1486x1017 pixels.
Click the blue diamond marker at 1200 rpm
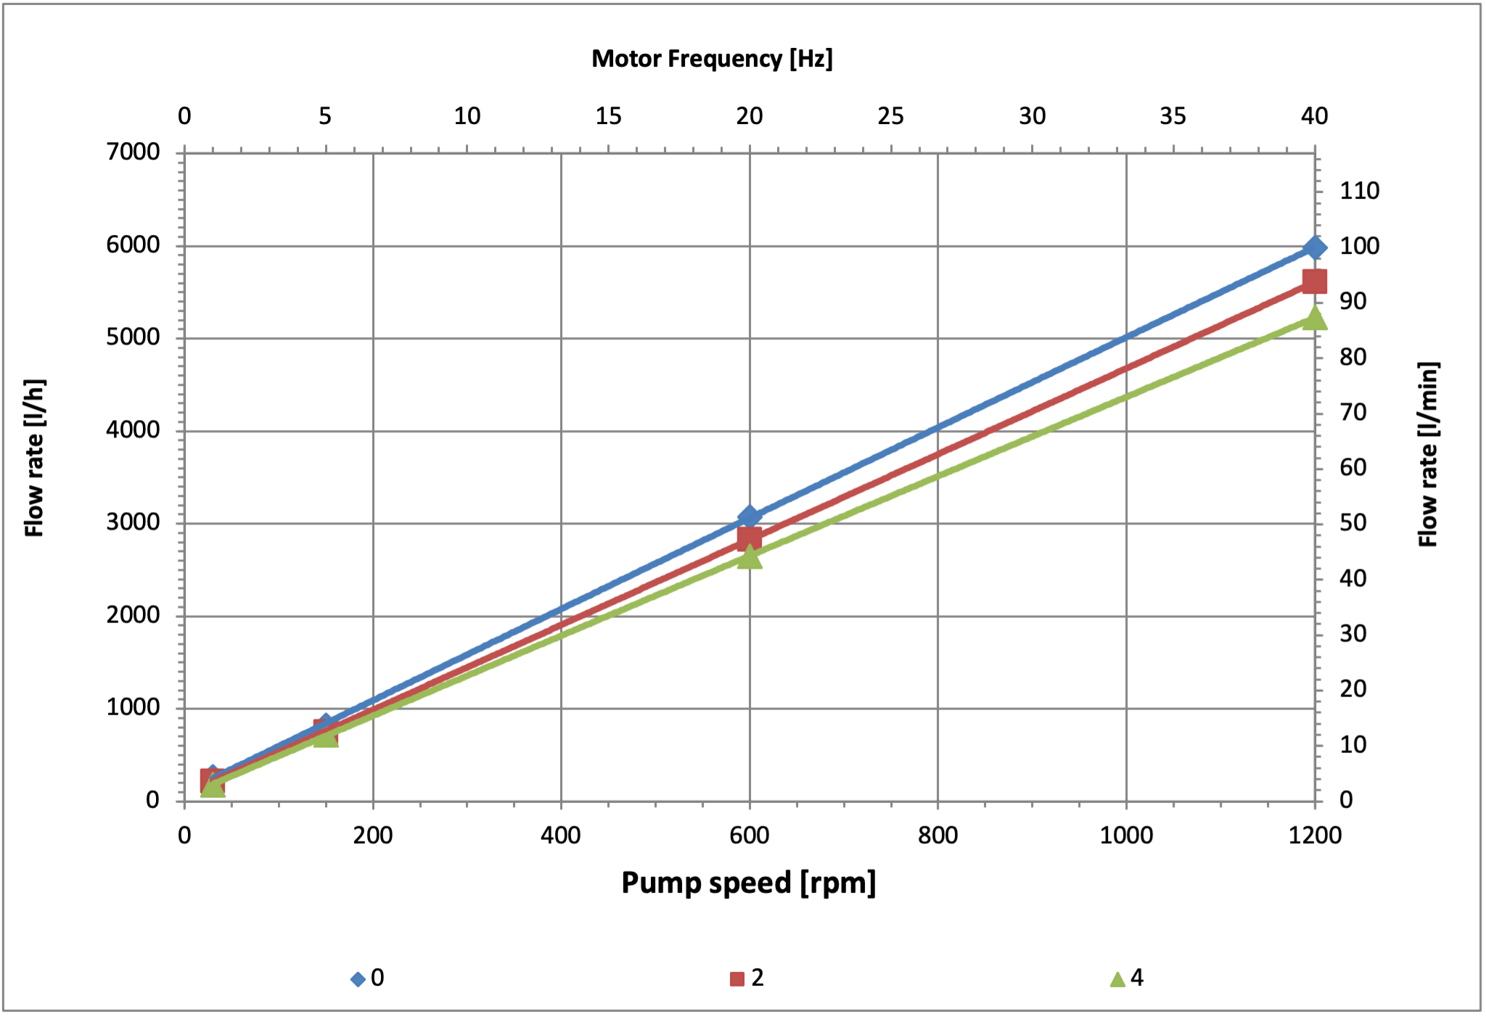click(x=1314, y=248)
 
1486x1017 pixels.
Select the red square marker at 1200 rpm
click(x=1314, y=281)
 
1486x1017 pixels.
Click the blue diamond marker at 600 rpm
click(x=750, y=516)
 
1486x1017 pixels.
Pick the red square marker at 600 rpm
click(x=750, y=538)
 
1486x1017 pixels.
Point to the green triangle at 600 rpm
click(x=750, y=557)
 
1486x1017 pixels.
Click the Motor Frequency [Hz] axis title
click(x=712, y=59)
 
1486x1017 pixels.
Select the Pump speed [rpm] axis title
click(x=748, y=883)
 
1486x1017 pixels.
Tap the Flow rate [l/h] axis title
click(x=34, y=458)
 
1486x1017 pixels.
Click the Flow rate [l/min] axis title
click(x=1428, y=454)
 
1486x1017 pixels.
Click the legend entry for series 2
click(x=747, y=978)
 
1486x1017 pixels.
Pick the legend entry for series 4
click(x=1127, y=978)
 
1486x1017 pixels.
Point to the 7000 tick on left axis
click(x=133, y=152)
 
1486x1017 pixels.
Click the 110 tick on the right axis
click(x=1359, y=191)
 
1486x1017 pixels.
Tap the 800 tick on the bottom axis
click(x=937, y=836)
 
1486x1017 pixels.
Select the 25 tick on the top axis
click(x=890, y=116)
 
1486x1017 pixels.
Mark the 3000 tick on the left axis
click(x=133, y=522)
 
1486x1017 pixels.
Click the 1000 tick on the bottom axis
click(x=1126, y=836)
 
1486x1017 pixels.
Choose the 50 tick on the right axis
click(x=1352, y=523)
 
